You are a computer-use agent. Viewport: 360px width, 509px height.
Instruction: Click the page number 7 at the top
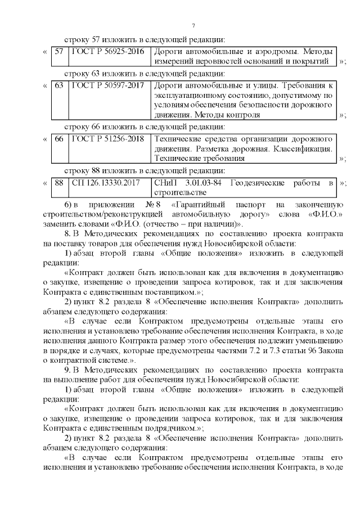point(193,26)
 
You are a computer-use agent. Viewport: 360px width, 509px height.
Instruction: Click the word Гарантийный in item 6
point(200,204)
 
